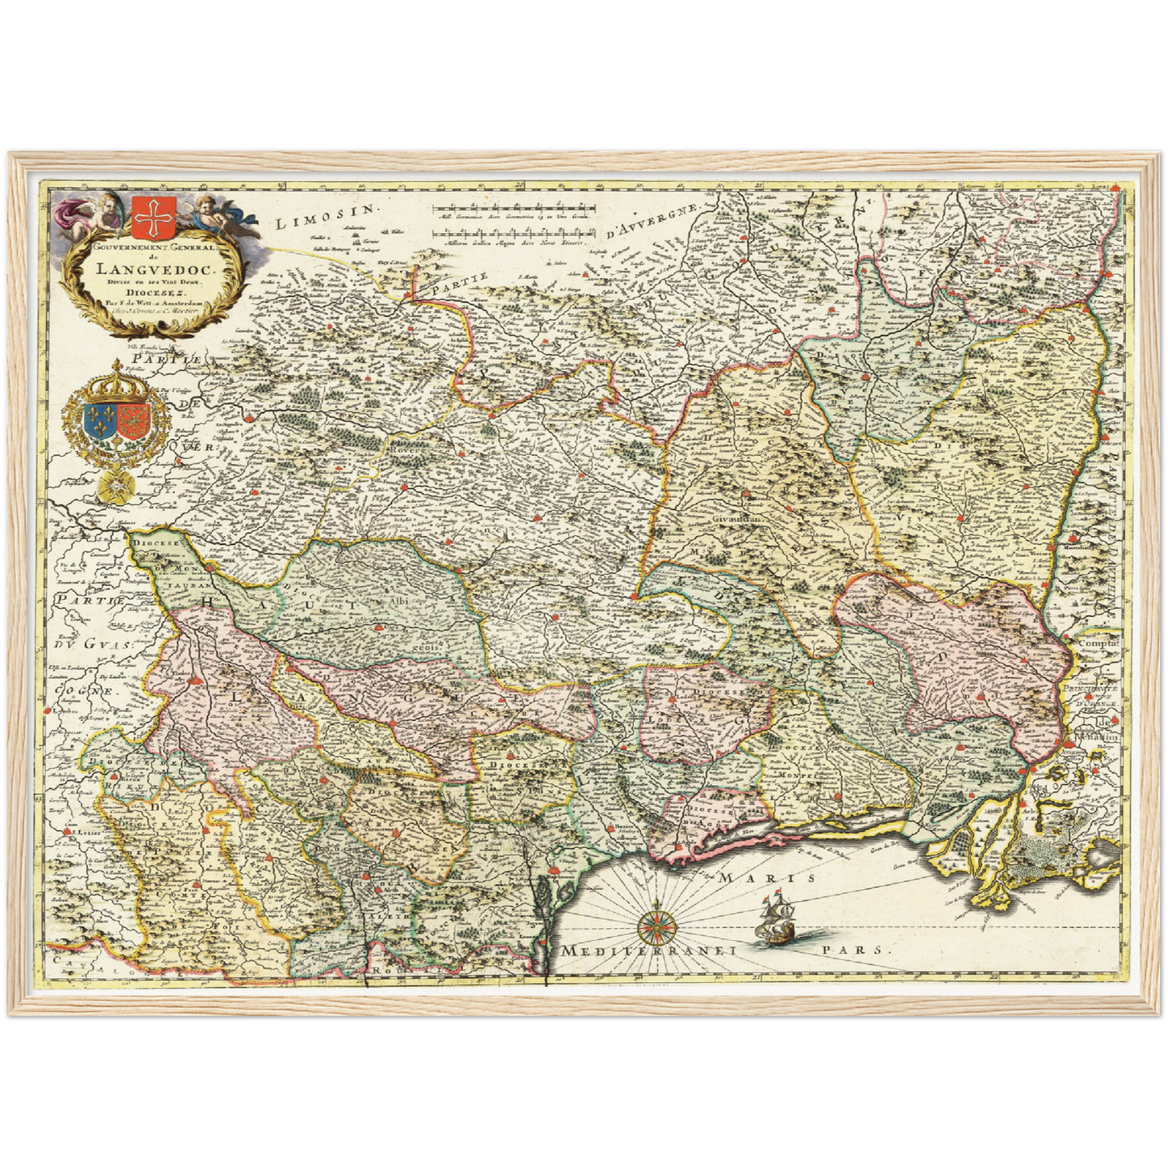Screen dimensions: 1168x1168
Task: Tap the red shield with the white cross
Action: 147,216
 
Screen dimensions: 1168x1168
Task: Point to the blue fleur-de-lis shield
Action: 99,420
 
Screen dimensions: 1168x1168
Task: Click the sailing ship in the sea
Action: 775,919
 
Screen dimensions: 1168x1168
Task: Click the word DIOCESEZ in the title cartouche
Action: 148,293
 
